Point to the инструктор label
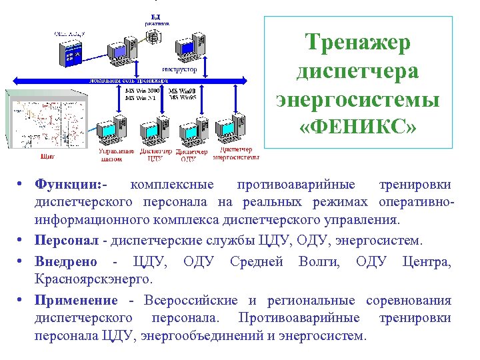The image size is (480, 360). tap(179, 69)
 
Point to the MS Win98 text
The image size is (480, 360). tap(182, 91)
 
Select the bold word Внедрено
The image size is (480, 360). tap(66, 261)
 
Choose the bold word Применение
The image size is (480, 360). tap(77, 301)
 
